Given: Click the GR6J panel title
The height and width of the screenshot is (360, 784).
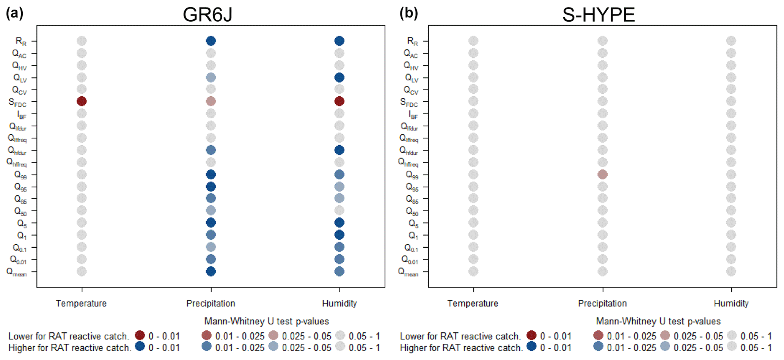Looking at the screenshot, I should click(207, 15).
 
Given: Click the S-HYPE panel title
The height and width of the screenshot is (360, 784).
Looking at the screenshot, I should click(599, 15).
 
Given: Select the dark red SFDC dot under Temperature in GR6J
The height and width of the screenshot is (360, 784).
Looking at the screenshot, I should click(82, 101).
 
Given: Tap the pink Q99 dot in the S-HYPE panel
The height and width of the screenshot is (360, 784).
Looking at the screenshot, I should click(602, 174).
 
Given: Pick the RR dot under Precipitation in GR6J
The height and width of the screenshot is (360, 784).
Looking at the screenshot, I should click(211, 41).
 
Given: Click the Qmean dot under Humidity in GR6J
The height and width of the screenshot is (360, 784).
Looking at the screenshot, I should click(339, 271).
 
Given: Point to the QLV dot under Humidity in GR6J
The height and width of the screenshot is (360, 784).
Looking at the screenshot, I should click(339, 78).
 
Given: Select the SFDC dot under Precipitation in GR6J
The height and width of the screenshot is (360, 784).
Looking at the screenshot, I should click(211, 101).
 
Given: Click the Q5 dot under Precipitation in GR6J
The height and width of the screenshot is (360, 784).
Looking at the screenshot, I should click(211, 223).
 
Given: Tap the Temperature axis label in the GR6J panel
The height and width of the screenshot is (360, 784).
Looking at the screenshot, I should click(81, 303).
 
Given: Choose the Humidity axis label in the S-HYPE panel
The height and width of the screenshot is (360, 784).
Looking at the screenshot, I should click(731, 303).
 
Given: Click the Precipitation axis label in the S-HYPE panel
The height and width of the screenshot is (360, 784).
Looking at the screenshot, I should click(602, 303).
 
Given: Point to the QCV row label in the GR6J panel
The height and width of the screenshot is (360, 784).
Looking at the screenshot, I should click(19, 90).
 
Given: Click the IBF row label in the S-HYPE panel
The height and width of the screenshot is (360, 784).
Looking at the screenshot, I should click(413, 115).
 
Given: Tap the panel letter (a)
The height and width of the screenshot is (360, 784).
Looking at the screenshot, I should click(15, 13).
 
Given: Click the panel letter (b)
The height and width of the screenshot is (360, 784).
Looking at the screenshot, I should click(409, 13).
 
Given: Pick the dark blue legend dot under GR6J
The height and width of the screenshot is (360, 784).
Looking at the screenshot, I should click(140, 347).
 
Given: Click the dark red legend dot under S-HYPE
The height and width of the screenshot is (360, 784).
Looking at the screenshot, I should click(531, 335).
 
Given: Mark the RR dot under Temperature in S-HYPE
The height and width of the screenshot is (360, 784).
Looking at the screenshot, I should click(473, 41).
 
